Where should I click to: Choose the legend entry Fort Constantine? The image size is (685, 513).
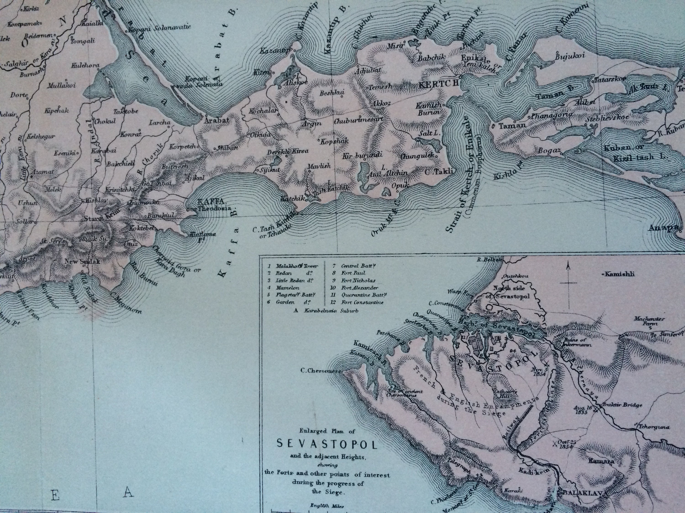coord(362,302)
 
